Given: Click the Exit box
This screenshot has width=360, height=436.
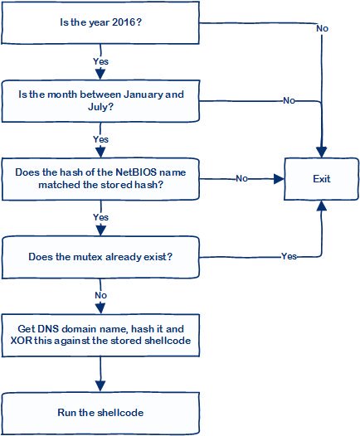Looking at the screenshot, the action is click(x=321, y=179).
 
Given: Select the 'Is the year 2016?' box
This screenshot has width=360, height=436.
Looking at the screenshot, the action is click(x=100, y=22).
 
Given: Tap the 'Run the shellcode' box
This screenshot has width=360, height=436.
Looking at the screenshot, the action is click(x=100, y=413).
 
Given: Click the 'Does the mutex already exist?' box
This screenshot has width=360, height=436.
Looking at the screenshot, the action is click(x=100, y=257).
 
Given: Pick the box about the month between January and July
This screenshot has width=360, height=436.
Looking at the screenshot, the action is click(x=100, y=101).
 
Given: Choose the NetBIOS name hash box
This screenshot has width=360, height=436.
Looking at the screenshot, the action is click(x=100, y=179).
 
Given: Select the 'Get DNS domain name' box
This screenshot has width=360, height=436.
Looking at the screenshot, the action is click(x=100, y=335).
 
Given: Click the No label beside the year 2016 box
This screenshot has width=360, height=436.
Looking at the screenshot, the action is click(x=322, y=28).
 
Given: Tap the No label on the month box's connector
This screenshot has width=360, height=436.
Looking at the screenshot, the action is click(x=289, y=100).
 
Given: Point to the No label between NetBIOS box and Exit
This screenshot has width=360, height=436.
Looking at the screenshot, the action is click(x=241, y=178).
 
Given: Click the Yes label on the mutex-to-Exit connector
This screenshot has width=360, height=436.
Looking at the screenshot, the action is click(x=289, y=256).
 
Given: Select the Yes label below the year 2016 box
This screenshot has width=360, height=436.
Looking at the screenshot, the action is click(x=100, y=61).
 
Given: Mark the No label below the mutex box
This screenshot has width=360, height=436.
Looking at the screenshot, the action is click(x=100, y=295).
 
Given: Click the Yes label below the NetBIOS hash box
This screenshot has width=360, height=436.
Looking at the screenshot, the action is click(x=100, y=217).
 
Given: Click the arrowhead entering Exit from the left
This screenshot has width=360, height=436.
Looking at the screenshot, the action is click(x=279, y=179).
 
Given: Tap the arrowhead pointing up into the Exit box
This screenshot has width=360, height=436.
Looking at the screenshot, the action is click(x=322, y=206).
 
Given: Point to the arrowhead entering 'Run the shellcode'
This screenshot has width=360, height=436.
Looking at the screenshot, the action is click(x=100, y=386).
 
